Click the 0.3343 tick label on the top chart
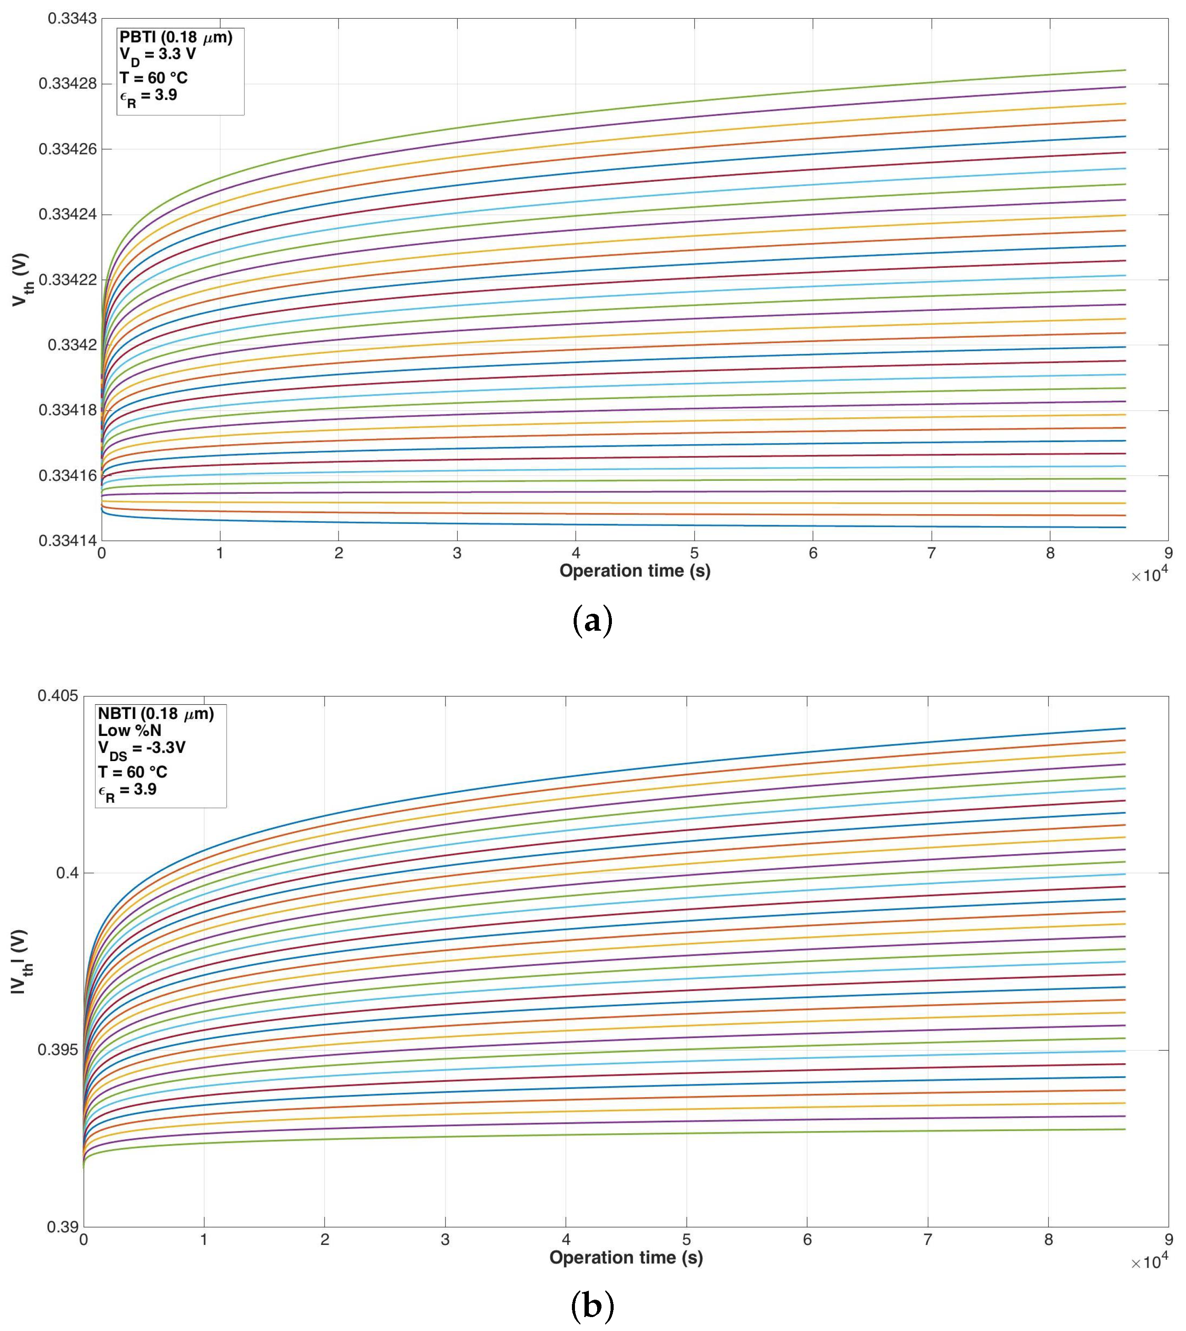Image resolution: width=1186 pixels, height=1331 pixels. point(72,18)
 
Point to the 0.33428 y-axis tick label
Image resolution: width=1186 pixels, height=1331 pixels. point(68,84)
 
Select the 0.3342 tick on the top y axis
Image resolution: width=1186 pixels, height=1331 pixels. point(72,345)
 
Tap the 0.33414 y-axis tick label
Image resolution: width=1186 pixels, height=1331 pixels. point(68,540)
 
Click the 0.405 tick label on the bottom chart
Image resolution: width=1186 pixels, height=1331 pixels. point(57,695)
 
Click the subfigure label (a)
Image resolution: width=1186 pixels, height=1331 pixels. point(592,621)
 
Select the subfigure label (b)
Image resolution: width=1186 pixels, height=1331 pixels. point(592,1306)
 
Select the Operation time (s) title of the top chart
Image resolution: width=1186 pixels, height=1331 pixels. point(635,571)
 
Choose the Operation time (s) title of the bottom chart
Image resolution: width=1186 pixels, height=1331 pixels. point(625,1258)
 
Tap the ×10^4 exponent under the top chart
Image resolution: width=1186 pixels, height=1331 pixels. point(1149,575)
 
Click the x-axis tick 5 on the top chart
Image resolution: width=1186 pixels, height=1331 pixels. point(694,553)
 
